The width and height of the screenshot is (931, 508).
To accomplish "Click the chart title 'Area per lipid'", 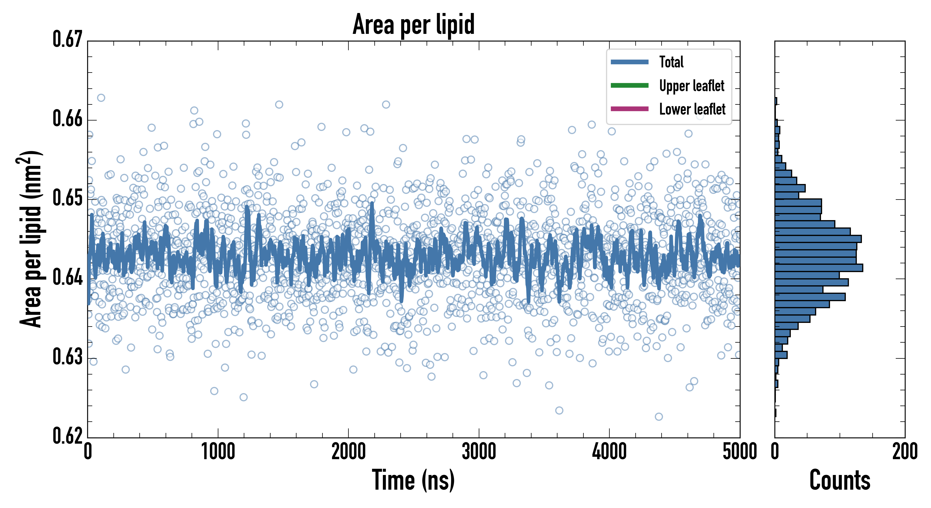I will (414, 24).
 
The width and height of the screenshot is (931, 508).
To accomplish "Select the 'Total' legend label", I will (671, 62).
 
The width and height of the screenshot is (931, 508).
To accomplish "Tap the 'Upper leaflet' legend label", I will (691, 86).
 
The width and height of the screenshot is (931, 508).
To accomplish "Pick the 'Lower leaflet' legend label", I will (692, 109).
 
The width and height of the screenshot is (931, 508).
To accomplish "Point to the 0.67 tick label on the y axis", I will (68, 40).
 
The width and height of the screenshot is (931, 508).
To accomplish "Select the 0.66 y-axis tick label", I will (68, 119).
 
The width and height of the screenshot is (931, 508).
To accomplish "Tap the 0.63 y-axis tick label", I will (68, 356).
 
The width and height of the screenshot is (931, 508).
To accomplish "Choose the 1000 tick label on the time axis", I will (218, 452).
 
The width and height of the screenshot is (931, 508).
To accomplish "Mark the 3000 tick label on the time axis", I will (479, 452).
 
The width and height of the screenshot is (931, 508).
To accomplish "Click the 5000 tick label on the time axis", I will (739, 452).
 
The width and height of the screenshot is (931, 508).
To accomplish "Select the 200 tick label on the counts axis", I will (904, 452).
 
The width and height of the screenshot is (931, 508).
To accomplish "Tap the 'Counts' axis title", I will (840, 480).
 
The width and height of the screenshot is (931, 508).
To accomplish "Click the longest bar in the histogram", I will (819, 268).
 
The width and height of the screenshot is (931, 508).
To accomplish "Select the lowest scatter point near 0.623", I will (658, 417).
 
